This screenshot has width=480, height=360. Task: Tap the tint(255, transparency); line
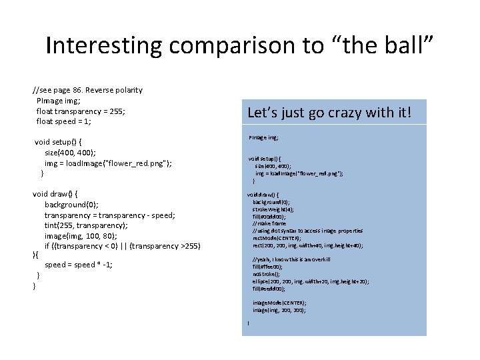click(86, 225)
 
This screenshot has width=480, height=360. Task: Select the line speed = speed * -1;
click(79, 265)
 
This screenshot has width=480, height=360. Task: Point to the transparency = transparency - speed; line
click(110, 215)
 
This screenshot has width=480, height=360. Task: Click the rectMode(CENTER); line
click(277, 238)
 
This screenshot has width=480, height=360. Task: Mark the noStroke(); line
click(266, 274)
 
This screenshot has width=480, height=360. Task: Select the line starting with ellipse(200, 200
click(310, 281)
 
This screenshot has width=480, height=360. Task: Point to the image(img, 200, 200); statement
click(279, 310)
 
